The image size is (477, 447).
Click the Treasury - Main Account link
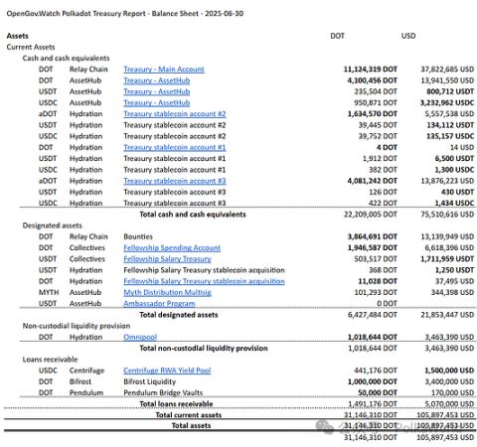(x=163, y=70)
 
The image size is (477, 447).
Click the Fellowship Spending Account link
(x=172, y=247)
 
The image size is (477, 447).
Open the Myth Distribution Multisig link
(x=167, y=292)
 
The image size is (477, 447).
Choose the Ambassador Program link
(x=159, y=303)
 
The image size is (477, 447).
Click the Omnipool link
(x=142, y=338)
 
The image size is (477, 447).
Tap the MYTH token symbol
(x=49, y=292)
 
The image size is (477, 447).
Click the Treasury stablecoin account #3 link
(x=175, y=181)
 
